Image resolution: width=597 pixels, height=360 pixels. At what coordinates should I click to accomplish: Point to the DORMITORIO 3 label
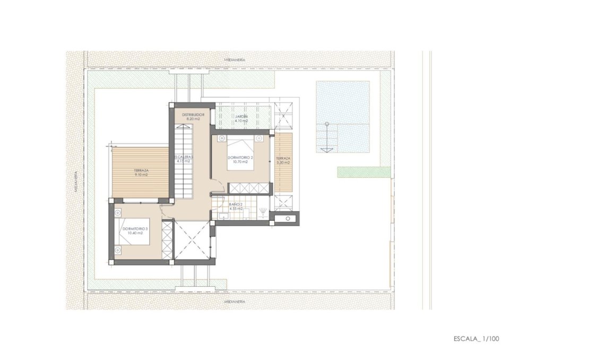click(x=135, y=229)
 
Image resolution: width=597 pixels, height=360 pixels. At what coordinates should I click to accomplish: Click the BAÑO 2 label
click(x=236, y=204)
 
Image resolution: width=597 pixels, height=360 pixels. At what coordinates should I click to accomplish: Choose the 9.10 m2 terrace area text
click(x=141, y=175)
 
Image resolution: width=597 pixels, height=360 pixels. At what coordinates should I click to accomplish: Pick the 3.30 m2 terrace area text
click(x=283, y=163)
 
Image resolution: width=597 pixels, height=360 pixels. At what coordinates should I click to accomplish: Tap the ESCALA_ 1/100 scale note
click(x=477, y=338)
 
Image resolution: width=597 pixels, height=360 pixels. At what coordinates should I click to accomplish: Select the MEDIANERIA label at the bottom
click(x=235, y=301)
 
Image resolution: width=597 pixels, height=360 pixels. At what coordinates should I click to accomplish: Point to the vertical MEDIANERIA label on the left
click(x=76, y=181)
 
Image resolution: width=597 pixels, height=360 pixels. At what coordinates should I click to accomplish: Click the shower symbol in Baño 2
click(x=263, y=212)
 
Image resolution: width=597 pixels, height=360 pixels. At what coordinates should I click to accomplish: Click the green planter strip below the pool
click(x=364, y=172)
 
